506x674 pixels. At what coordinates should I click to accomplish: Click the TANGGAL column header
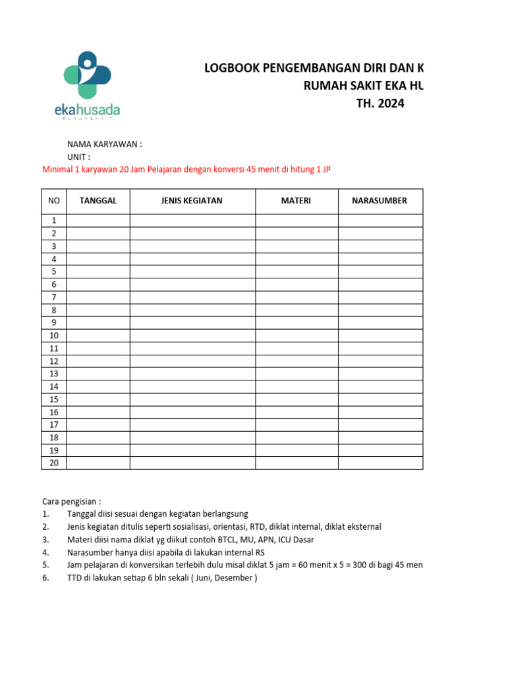coord(98,201)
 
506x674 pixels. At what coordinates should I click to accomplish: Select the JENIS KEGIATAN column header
coord(192,201)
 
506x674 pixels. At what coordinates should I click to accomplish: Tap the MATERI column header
coord(296,201)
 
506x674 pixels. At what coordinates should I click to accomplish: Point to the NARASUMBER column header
coord(379,201)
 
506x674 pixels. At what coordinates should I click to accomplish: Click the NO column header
coord(54,201)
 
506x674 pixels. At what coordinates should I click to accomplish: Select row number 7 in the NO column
coord(54,297)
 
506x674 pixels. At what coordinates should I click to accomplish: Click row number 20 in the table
coord(54,463)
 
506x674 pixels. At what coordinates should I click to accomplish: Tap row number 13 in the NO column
coord(54,374)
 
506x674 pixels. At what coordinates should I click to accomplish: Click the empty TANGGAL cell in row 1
coord(98,220)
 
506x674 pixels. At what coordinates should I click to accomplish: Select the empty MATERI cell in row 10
coord(296,335)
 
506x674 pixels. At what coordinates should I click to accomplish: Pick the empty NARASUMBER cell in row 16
coord(380,412)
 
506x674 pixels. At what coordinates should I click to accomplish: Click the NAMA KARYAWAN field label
coord(104,144)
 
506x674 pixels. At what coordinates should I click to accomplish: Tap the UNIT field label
coord(78,157)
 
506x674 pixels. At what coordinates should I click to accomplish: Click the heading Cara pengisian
coord(71,501)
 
